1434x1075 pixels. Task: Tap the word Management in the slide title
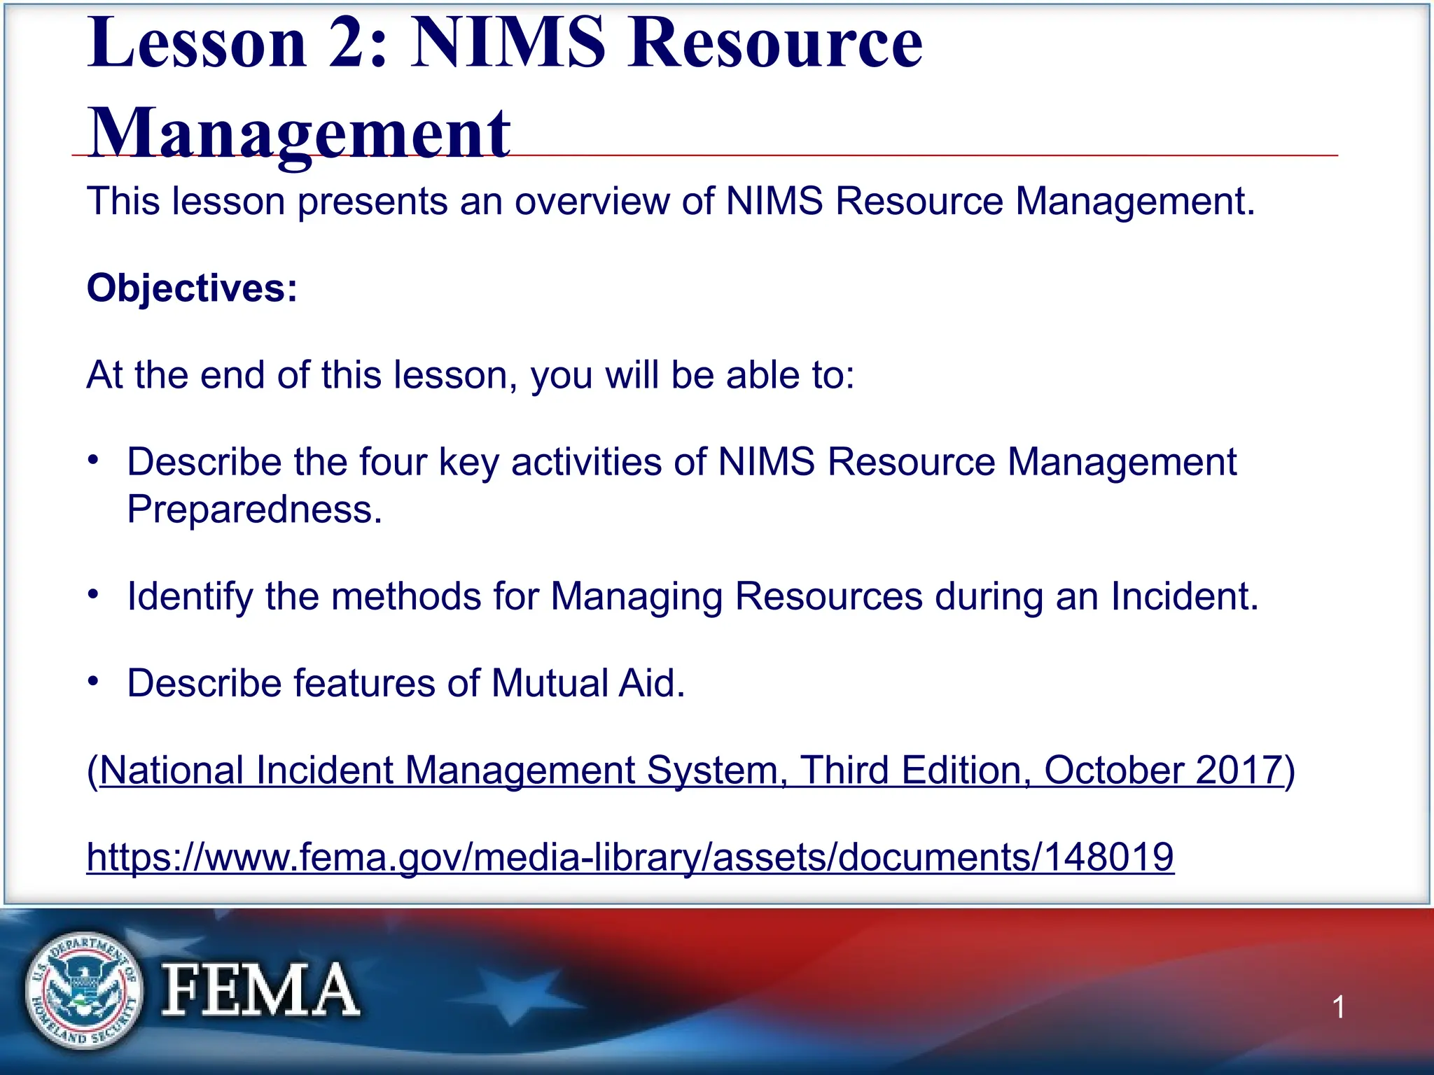(x=299, y=133)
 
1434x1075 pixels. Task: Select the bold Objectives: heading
(x=192, y=288)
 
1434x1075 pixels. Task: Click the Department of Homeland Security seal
(x=83, y=990)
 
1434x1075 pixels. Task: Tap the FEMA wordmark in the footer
(x=260, y=990)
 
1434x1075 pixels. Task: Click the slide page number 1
(x=1338, y=1007)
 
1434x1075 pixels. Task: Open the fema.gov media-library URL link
(x=629, y=857)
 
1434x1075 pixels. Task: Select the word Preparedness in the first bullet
(x=254, y=509)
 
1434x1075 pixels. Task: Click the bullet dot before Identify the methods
(x=94, y=595)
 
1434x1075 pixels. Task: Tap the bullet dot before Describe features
(x=94, y=682)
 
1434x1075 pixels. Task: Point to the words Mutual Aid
(x=587, y=683)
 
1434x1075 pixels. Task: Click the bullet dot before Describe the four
(x=94, y=461)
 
